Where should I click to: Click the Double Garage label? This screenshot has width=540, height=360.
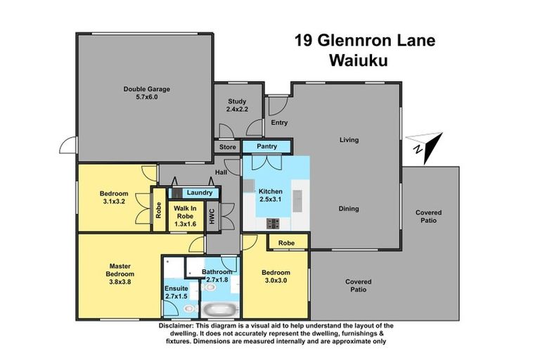[147, 89]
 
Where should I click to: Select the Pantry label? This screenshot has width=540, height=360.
[266, 147]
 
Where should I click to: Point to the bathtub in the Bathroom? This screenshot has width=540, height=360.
[221, 309]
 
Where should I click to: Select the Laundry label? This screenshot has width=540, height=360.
[200, 192]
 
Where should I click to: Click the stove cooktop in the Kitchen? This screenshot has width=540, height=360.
[273, 224]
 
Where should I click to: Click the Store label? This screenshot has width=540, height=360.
[227, 148]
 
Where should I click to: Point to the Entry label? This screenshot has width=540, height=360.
[279, 122]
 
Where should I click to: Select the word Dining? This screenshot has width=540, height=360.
[349, 209]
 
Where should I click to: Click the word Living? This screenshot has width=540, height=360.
[349, 140]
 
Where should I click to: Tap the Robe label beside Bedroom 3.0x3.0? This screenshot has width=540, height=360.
[286, 243]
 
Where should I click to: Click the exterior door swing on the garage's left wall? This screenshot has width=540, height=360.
[67, 146]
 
